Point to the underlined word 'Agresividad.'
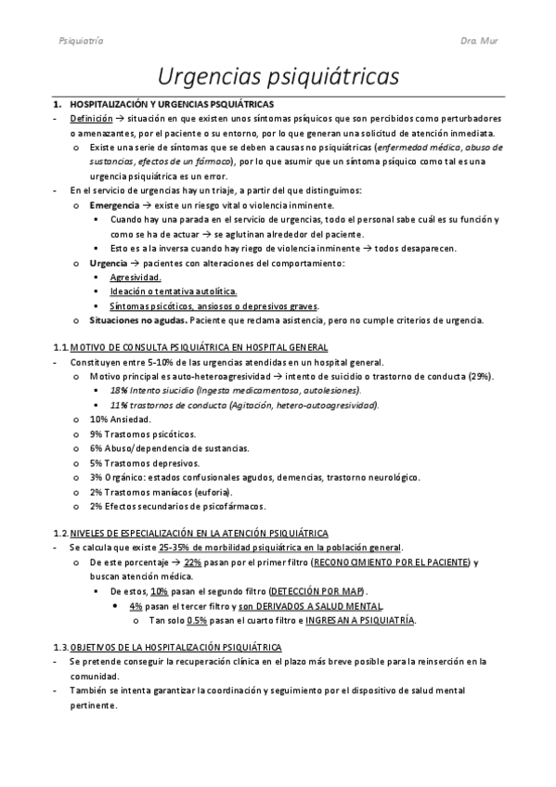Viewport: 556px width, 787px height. click(136, 277)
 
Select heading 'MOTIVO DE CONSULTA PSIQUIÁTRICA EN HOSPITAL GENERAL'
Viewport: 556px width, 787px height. click(198, 346)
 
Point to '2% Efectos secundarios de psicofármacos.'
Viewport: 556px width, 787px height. click(178, 506)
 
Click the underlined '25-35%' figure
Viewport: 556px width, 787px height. click(175, 548)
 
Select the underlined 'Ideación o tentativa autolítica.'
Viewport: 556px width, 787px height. click(174, 291)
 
